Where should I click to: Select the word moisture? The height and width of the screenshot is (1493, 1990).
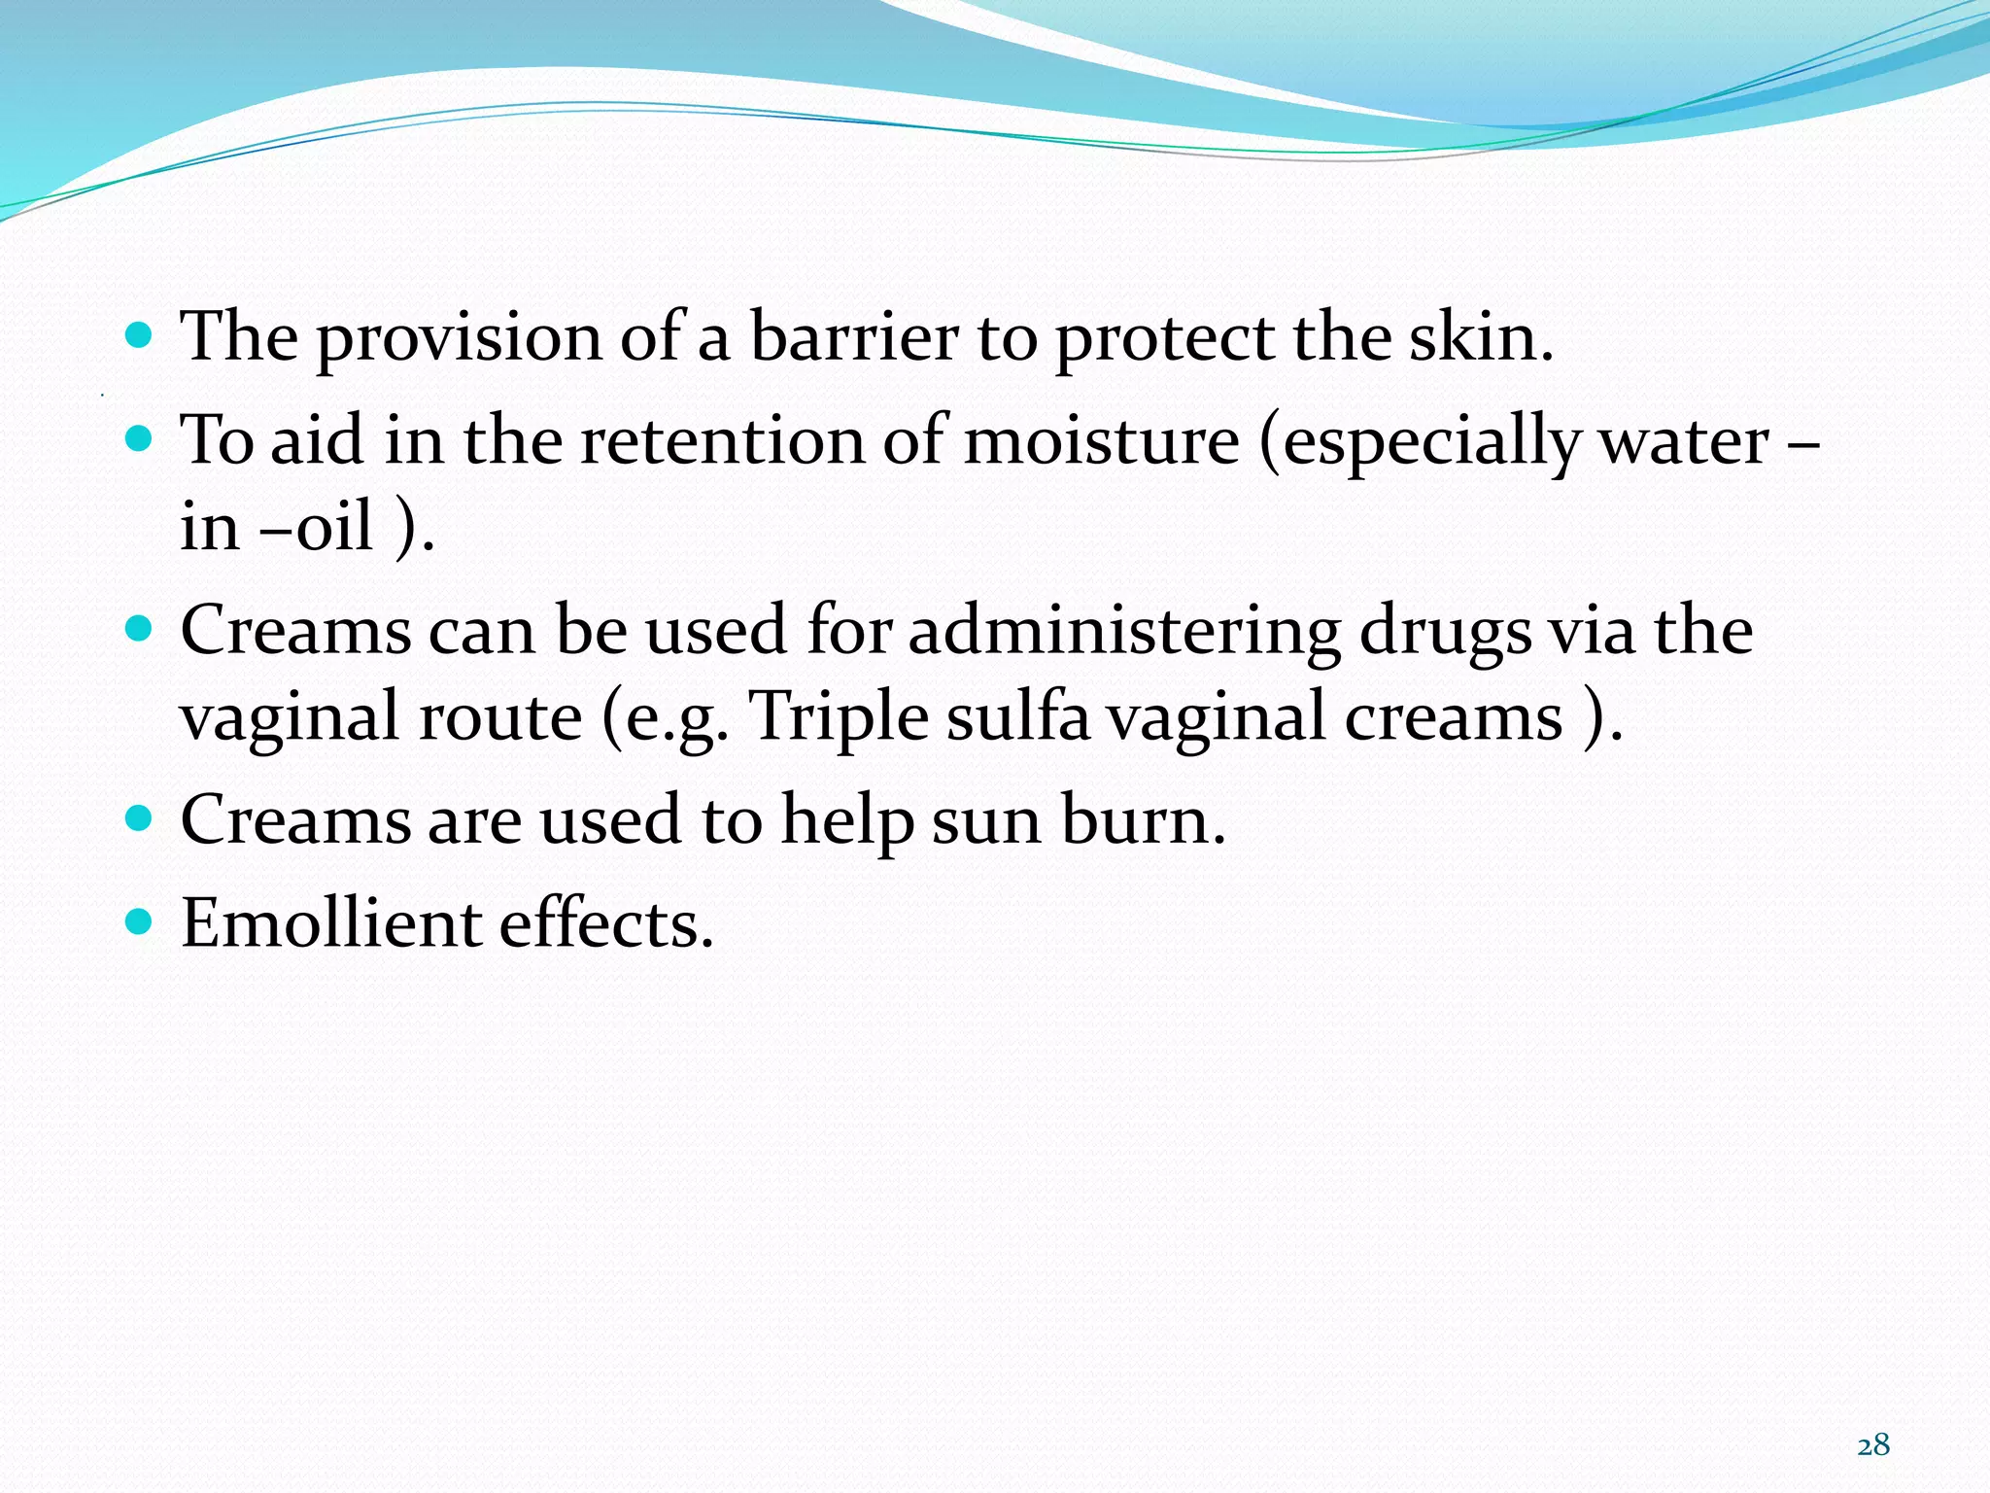pyautogui.click(x=1101, y=440)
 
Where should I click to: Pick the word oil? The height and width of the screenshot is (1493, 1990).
pyautogui.click(x=334, y=527)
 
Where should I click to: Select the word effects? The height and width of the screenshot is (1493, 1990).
pyautogui.click(x=606, y=922)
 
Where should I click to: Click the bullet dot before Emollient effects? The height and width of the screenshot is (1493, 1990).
pyautogui.click(x=140, y=920)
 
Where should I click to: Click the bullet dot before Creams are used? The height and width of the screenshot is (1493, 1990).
pyautogui.click(x=140, y=817)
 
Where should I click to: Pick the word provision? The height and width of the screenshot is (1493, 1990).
pyautogui.click(x=460, y=339)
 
